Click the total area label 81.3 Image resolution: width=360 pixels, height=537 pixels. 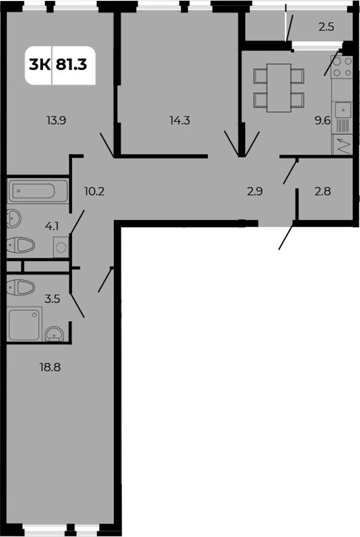coord(72,64)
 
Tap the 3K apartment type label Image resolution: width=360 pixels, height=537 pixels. coord(39,64)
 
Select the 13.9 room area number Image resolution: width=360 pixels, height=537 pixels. coord(56,120)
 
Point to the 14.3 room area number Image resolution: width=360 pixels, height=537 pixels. coord(180,120)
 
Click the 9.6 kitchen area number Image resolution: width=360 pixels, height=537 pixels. coord(323,120)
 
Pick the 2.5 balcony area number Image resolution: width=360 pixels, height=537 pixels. coord(326,27)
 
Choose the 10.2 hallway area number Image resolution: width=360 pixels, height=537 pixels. coord(94,191)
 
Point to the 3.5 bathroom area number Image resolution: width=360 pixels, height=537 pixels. coord(52,299)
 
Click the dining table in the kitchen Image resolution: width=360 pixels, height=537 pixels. coord(279,88)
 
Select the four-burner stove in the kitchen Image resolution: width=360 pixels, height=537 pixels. coord(342,67)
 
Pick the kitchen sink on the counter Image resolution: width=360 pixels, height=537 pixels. coord(344,110)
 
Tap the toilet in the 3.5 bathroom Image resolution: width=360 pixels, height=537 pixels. coord(20,287)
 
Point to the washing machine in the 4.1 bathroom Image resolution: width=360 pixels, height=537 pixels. coord(61,247)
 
